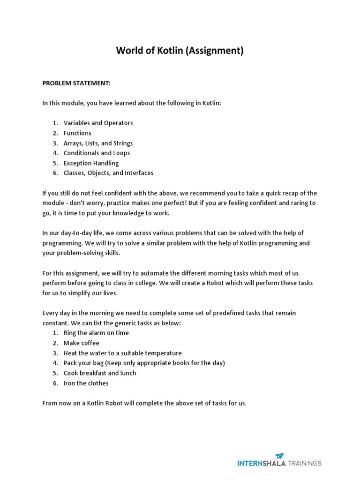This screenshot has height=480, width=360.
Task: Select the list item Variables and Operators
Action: tap(98, 123)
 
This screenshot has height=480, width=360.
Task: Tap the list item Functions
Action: tap(77, 133)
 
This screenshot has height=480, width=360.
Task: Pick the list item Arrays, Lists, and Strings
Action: tap(98, 143)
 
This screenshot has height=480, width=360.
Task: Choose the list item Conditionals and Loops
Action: tap(97, 153)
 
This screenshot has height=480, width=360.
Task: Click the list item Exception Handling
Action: tap(91, 163)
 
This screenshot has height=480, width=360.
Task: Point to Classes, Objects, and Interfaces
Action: tap(108, 173)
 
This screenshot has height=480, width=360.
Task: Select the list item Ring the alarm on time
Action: tap(96, 333)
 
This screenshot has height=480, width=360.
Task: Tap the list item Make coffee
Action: tap(81, 343)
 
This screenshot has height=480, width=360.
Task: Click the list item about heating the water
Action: tap(122, 353)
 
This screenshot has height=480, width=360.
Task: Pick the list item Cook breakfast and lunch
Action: tap(100, 373)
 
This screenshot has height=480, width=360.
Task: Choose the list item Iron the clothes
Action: tap(86, 383)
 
